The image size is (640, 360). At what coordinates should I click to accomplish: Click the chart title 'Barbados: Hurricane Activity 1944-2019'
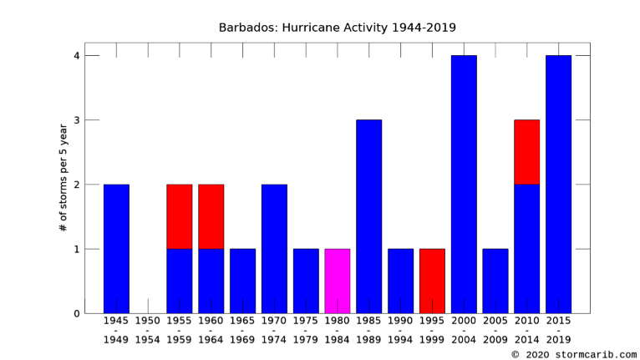[x=338, y=28]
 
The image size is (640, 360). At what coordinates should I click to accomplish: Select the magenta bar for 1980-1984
[x=338, y=281]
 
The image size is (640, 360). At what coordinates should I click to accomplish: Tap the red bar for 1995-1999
[x=432, y=281]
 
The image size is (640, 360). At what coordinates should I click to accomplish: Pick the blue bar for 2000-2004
[x=464, y=185]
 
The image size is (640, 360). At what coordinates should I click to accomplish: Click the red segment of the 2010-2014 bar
[x=527, y=152]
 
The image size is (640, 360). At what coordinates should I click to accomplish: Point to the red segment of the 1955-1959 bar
[x=179, y=216]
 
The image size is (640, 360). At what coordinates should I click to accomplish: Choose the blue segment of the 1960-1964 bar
[x=211, y=281]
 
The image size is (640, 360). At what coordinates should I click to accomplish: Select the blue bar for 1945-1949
[x=116, y=249]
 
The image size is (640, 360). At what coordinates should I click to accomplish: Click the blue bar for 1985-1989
[x=369, y=216]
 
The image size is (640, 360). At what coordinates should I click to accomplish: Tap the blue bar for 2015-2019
[x=558, y=185]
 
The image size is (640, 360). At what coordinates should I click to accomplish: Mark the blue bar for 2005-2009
[x=495, y=281]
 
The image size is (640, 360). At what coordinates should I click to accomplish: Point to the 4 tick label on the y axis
[x=77, y=55]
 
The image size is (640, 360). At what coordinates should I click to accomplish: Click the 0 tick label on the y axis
[x=77, y=313]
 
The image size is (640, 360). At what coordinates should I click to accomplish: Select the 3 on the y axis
[x=77, y=120]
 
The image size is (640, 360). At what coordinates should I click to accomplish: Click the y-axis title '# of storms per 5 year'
[x=63, y=178]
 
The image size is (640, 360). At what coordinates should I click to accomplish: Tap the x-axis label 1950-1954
[x=148, y=330]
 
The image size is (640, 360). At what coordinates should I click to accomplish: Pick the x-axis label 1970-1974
[x=274, y=330]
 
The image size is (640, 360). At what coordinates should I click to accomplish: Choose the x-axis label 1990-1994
[x=400, y=330]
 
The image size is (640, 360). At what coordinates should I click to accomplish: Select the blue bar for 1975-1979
[x=306, y=281]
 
